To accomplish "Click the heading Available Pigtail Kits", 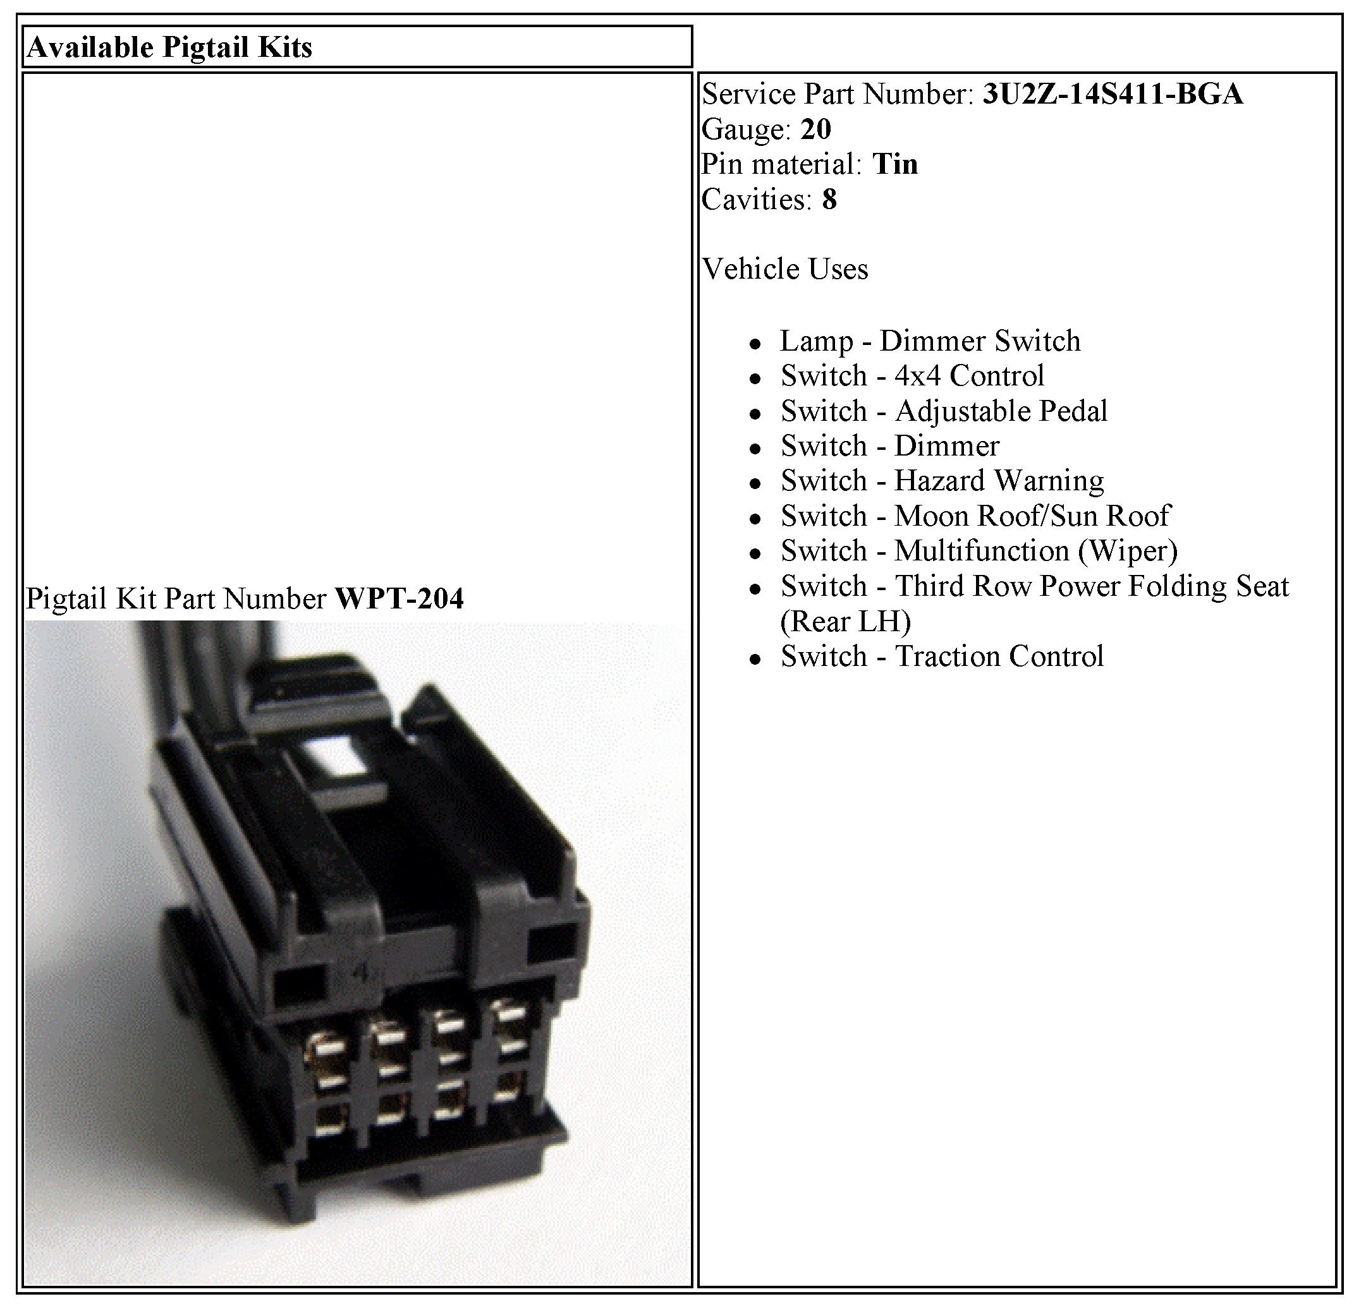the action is click(x=169, y=47).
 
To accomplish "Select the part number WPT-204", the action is click(x=399, y=598).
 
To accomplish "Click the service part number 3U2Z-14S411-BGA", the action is click(x=1113, y=94).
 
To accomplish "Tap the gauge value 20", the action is click(x=816, y=129).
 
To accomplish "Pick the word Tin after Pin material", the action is click(x=895, y=164).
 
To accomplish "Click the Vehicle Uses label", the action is click(x=784, y=269).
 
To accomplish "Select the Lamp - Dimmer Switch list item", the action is click(x=930, y=341).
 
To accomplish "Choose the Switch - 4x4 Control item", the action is click(x=912, y=376).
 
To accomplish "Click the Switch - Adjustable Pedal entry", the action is click(x=944, y=411).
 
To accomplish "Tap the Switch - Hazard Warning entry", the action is click(x=942, y=481).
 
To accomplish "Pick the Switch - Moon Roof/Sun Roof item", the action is click(x=975, y=516).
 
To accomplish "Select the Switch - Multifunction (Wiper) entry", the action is click(x=979, y=551).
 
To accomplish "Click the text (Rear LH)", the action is click(x=846, y=622).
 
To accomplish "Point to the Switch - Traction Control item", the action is click(x=942, y=656).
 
